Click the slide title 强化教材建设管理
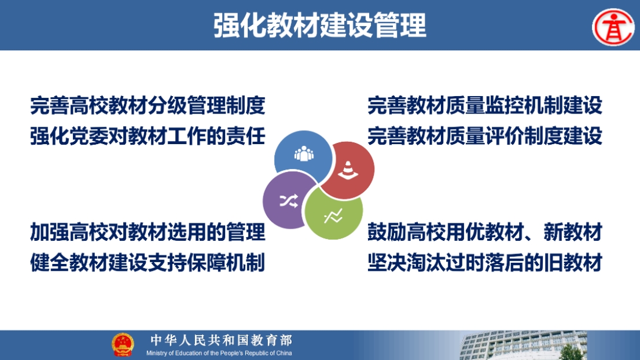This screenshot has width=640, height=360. click(320, 25)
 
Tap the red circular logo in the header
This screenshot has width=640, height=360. click(613, 27)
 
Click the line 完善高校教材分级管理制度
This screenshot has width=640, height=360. click(148, 106)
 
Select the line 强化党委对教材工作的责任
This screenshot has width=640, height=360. click(148, 136)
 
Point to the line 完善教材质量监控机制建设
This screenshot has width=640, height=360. click(485, 106)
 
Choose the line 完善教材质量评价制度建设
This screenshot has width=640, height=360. click(485, 136)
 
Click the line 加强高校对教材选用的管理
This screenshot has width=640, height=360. click(148, 232)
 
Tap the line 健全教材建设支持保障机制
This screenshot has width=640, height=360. click(148, 262)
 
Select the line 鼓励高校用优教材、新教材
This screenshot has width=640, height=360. click(485, 232)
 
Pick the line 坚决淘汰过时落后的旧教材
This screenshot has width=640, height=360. click(485, 262)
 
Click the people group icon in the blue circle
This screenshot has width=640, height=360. click(304, 153)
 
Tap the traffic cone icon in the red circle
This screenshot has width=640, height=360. click(348, 170)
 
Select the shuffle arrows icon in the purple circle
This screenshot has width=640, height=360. click(289, 201)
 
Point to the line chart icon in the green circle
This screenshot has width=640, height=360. click(333, 216)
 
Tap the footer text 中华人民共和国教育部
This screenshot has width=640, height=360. click(221, 340)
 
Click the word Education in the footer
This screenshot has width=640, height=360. click(188, 353)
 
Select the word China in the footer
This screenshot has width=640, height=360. click(284, 353)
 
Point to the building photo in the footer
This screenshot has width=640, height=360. click(524, 346)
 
